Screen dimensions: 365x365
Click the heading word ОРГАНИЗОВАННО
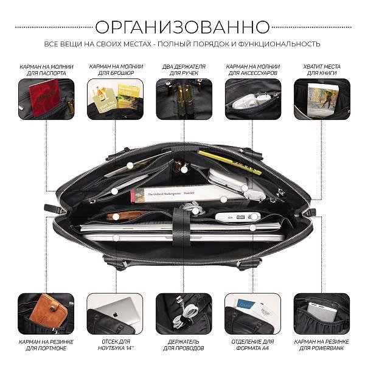click(x=182, y=27)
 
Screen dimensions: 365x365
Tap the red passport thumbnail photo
click(x=46, y=97)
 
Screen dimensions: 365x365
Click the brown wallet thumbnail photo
click(x=46, y=312)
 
